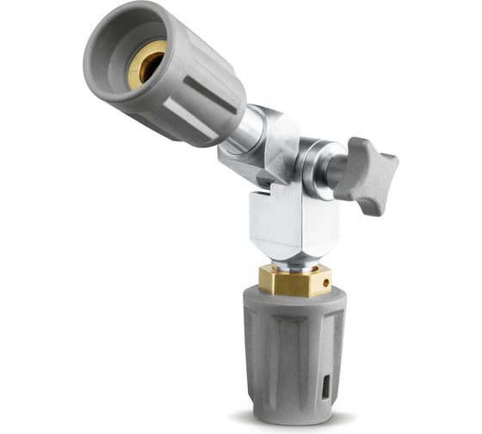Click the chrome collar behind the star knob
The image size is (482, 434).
(x=320, y=164)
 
